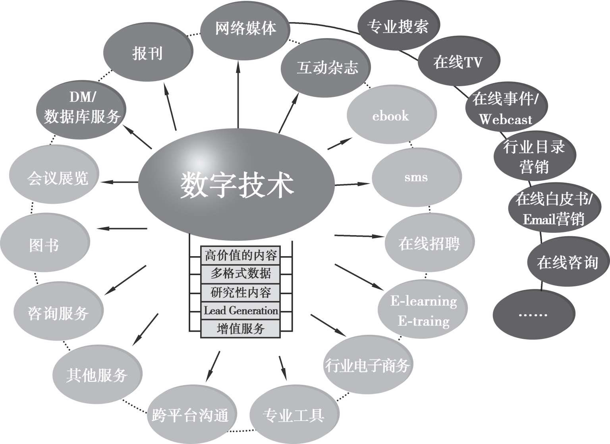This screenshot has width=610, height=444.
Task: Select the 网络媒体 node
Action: pyautogui.click(x=245, y=29)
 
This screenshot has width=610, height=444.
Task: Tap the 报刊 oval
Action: pyautogui.click(x=148, y=53)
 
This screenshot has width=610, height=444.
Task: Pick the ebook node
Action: pyautogui.click(x=391, y=116)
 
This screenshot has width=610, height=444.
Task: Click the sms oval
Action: pyautogui.click(x=416, y=177)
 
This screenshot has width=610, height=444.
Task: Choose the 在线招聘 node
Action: pyautogui.click(x=429, y=243)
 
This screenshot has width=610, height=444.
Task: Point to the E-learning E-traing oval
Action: pyautogui.click(x=423, y=311)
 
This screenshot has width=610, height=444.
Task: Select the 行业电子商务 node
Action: pyautogui.click(x=367, y=365)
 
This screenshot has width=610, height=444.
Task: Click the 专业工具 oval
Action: pyautogui.click(x=294, y=416)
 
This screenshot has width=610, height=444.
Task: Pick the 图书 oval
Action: pyautogui.click(x=44, y=243)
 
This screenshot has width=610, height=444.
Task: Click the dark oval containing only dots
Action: pyautogui.click(x=533, y=314)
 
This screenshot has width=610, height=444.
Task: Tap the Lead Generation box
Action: pyautogui.click(x=241, y=311)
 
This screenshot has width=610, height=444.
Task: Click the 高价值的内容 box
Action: pyautogui.click(x=241, y=255)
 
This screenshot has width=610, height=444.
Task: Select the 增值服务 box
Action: pyautogui.click(x=241, y=329)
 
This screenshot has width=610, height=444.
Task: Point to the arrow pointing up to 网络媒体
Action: pyautogui.click(x=238, y=95)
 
